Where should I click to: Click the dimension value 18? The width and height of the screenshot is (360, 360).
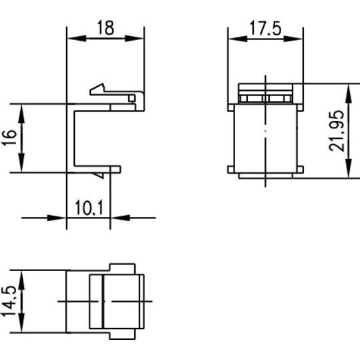click(x=106, y=27)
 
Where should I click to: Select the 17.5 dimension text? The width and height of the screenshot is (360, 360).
click(x=265, y=28)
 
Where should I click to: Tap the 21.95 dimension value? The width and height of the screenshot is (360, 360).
click(x=337, y=131)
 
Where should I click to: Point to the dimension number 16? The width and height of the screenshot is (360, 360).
click(x=9, y=138)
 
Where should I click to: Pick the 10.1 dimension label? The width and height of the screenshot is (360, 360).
click(x=89, y=208)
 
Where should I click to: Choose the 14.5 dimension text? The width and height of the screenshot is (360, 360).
click(x=9, y=301)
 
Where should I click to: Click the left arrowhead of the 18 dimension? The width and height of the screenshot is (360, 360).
click(x=77, y=39)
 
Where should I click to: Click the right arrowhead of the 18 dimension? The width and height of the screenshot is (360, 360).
click(x=134, y=39)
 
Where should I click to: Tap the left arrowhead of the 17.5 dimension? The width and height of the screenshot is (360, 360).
click(x=238, y=39)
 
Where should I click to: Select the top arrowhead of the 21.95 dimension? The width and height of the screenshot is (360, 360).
click(x=349, y=94)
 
